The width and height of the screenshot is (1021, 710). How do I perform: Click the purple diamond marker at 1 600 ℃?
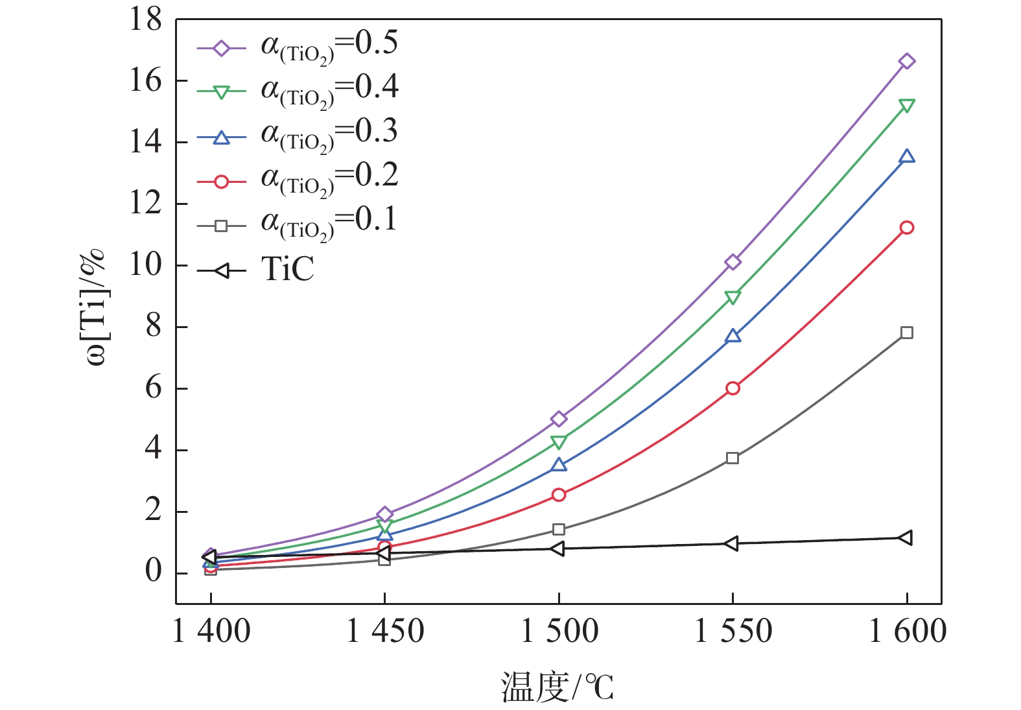coord(906,62)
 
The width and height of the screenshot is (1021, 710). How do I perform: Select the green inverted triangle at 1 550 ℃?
coord(733,297)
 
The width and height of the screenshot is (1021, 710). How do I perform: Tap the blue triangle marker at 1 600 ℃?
coord(906,156)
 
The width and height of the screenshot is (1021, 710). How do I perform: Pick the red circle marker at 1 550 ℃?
coord(733,388)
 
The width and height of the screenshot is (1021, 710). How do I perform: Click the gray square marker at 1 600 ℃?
coord(906,333)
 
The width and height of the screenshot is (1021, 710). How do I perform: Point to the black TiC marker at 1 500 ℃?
coord(557,549)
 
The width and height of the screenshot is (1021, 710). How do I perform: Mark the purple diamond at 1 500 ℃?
coord(559,419)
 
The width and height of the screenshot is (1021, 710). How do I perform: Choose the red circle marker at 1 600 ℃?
coord(906,228)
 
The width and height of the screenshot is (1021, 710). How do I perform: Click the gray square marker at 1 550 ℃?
coord(733,458)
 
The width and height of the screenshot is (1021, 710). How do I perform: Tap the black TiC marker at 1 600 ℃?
coord(906,538)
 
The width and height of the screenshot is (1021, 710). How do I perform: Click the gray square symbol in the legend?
coord(221,226)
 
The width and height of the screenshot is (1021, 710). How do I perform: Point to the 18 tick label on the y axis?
coord(146,20)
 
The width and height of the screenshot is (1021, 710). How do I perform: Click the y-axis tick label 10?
coord(146,265)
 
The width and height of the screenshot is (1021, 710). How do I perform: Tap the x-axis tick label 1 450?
coord(385,631)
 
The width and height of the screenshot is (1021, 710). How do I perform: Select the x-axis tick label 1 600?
coord(907,631)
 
